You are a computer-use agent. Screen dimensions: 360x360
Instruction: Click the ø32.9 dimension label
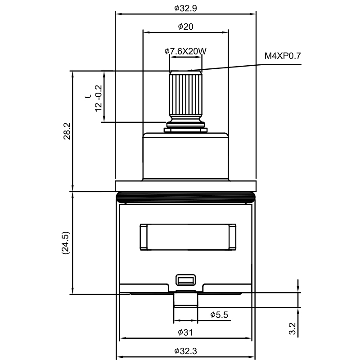[x=185, y=8]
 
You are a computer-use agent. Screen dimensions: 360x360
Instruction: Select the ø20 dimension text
[x=185, y=27]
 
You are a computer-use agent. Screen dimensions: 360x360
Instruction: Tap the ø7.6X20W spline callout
[x=185, y=51]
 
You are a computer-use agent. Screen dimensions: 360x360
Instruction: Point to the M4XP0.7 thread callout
[x=282, y=56]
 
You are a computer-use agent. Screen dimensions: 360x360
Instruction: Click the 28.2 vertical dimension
[x=67, y=130]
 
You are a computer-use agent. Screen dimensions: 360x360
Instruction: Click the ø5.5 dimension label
[x=219, y=315]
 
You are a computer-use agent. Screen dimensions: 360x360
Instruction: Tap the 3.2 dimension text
[x=292, y=329]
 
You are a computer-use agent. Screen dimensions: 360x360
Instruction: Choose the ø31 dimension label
[x=185, y=333]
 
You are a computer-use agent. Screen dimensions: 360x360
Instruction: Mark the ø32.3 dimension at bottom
[x=185, y=351]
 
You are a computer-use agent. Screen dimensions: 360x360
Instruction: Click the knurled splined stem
[x=185, y=94]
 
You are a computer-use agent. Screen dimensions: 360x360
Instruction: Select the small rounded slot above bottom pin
[x=185, y=280]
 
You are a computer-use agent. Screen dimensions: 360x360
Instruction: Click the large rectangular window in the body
[x=188, y=237]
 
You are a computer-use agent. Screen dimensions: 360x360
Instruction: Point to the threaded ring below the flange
[x=185, y=196]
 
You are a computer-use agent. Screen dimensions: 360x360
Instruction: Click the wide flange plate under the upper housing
[x=185, y=185]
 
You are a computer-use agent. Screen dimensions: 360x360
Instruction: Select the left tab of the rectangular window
[x=144, y=237]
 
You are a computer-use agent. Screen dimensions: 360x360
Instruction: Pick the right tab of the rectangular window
[x=232, y=237]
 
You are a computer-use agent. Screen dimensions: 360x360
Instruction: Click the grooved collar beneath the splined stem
[x=185, y=124]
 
